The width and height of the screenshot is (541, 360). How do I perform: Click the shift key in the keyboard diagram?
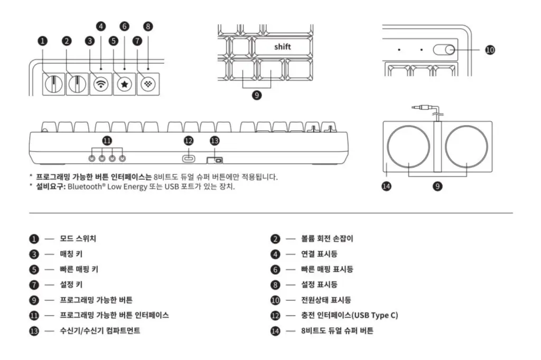tap(283, 47)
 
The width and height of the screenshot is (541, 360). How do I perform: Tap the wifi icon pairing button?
tap(100, 84)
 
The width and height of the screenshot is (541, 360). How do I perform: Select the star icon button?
tap(124, 84)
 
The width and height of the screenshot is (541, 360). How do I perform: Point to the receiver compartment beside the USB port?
tap(214, 160)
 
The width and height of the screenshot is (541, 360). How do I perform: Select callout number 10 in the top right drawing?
tap(490, 50)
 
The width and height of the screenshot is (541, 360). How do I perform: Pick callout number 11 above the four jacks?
tap(107, 140)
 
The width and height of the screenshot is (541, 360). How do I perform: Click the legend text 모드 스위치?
tap(78, 239)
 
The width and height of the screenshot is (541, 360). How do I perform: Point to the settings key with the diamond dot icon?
tap(147, 84)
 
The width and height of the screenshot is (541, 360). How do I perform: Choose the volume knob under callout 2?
tap(77, 84)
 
